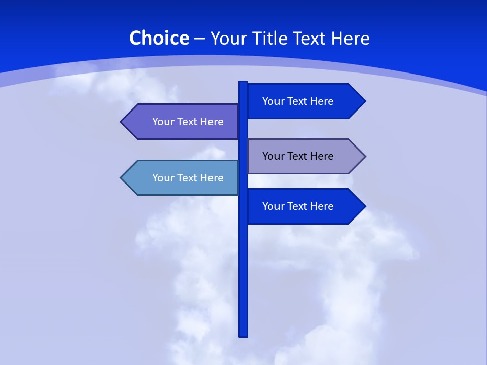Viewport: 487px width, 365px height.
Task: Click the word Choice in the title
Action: [x=159, y=38]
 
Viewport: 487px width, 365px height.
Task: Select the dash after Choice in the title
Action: [x=199, y=39]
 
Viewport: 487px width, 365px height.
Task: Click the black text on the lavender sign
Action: [x=298, y=156]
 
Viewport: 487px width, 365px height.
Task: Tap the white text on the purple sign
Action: [x=188, y=122]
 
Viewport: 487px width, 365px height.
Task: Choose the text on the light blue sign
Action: [x=188, y=178]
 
